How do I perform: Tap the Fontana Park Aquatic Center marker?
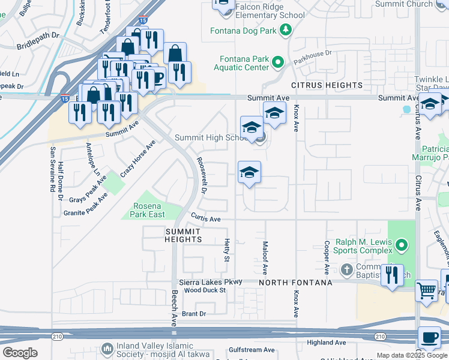(278, 62)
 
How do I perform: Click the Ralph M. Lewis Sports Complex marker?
(402, 245)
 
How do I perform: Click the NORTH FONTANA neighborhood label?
(295, 282)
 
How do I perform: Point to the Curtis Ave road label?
(206, 218)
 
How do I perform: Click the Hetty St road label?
(227, 250)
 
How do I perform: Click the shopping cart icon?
(426, 291)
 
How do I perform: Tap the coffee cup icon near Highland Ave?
(429, 338)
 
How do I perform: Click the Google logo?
(20, 353)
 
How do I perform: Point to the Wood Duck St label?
(205, 290)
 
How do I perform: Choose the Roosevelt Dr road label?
(202, 176)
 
